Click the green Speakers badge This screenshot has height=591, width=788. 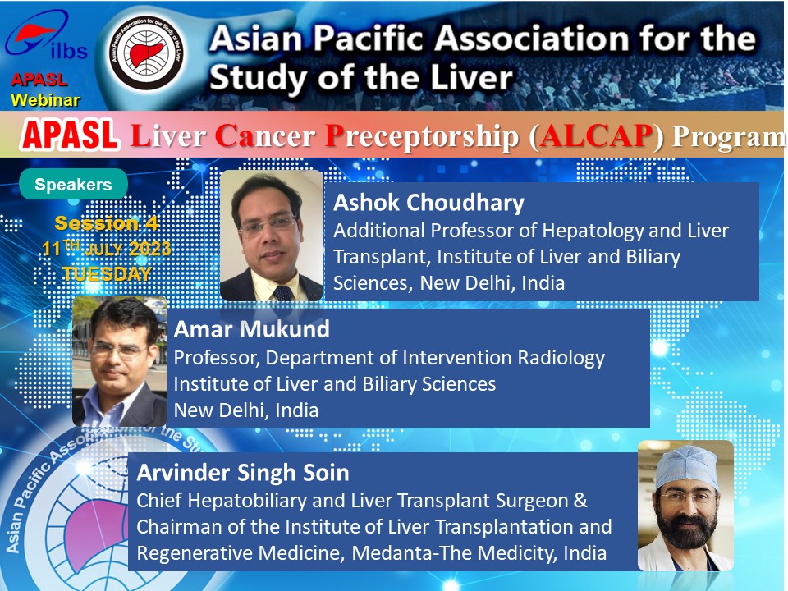[73, 185]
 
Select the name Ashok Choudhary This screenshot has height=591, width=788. [428, 203]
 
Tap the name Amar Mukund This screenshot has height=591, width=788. [252, 330]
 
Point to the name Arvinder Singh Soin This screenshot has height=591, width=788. [243, 474]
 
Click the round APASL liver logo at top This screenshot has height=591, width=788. [146, 53]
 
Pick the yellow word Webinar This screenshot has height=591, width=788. [45, 100]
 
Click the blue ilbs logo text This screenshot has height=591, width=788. [69, 51]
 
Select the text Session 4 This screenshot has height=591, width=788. [107, 223]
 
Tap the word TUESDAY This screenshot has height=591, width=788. [107, 274]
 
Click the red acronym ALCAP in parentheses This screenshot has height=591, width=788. [596, 135]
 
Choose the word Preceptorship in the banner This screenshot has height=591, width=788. [422, 137]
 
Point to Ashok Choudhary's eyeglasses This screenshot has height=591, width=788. [269, 226]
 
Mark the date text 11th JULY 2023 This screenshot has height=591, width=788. [107, 248]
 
